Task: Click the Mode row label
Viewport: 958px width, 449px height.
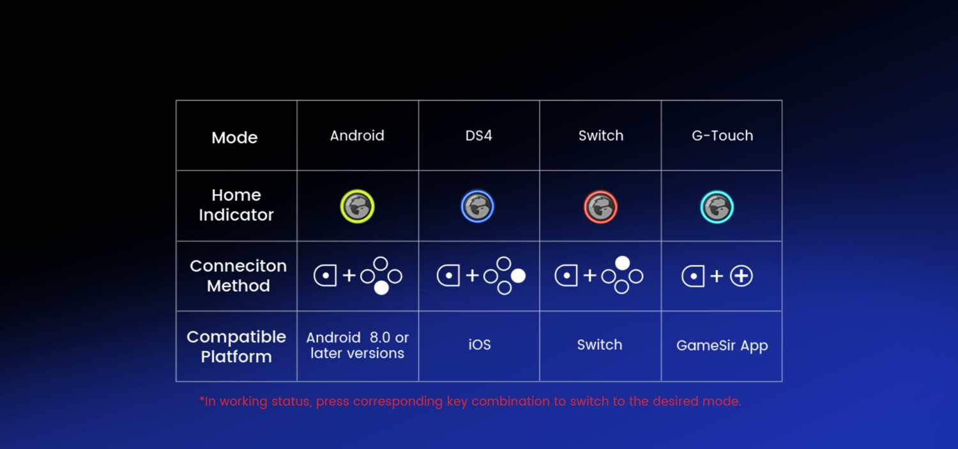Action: pyautogui.click(x=234, y=138)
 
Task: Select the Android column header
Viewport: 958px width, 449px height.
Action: pyautogui.click(x=357, y=135)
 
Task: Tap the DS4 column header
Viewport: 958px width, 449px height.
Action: pyautogui.click(x=478, y=135)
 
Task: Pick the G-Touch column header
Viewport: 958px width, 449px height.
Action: pyautogui.click(x=722, y=135)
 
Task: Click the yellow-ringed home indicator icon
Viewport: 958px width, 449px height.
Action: pyautogui.click(x=357, y=206)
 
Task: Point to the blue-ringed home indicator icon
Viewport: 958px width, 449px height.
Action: pyautogui.click(x=477, y=206)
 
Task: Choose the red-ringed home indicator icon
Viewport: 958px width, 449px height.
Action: pyautogui.click(x=600, y=207)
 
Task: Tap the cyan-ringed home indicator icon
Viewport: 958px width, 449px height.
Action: pyautogui.click(x=717, y=207)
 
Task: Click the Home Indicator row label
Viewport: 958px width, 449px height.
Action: pyautogui.click(x=236, y=205)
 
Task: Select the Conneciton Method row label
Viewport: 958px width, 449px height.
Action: pyautogui.click(x=238, y=276)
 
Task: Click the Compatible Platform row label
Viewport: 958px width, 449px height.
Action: pyautogui.click(x=236, y=347)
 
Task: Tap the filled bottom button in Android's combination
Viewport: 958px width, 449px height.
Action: pyautogui.click(x=381, y=288)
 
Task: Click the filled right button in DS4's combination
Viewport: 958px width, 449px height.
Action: pyautogui.click(x=518, y=276)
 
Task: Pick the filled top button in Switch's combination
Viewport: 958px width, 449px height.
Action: pyautogui.click(x=622, y=263)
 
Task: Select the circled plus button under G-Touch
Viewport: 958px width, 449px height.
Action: pyautogui.click(x=741, y=276)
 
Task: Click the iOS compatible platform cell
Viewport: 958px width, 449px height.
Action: pyautogui.click(x=480, y=345)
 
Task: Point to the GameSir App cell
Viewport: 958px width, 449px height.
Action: pyautogui.click(x=722, y=346)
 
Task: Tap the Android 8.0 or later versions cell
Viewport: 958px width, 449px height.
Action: pyautogui.click(x=357, y=345)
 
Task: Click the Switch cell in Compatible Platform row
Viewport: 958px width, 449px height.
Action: pyautogui.click(x=600, y=345)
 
